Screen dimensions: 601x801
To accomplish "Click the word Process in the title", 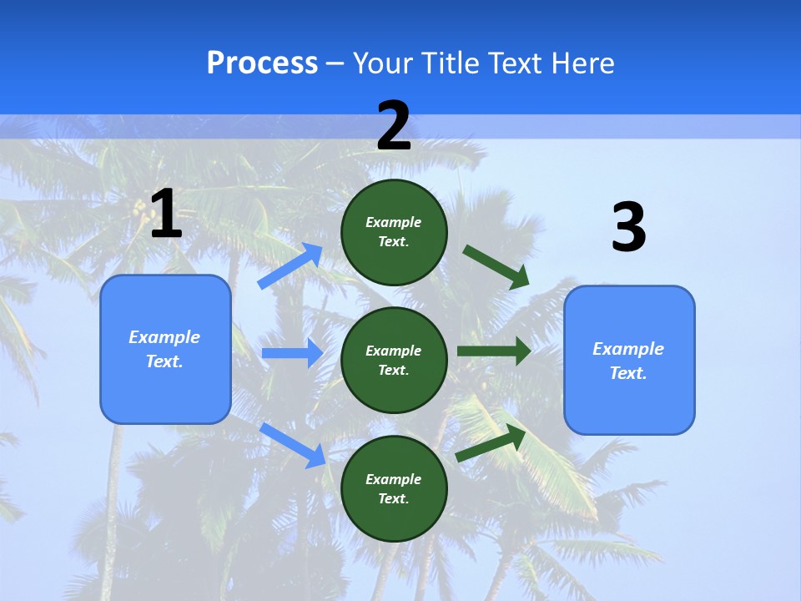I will pyautogui.click(x=262, y=63).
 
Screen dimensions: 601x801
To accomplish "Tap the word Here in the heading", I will pyautogui.click(x=577, y=63).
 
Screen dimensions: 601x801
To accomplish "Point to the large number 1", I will pyautogui.click(x=166, y=214).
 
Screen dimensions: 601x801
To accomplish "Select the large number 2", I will pyautogui.click(x=394, y=126).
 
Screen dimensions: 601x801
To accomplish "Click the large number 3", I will pyautogui.click(x=628, y=227).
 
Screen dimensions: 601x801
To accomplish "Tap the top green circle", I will pyautogui.click(x=394, y=231).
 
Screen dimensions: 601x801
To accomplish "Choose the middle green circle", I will pyautogui.click(x=394, y=360).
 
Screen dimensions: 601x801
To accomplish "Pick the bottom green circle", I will pyautogui.click(x=394, y=488).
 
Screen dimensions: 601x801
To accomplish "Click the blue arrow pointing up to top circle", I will pyautogui.click(x=290, y=266).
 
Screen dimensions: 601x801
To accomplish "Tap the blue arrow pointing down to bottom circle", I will pyautogui.click(x=293, y=445).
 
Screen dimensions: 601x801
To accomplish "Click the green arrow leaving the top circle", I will pyautogui.click(x=496, y=266).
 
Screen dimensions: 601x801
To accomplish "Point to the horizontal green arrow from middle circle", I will pyautogui.click(x=493, y=351).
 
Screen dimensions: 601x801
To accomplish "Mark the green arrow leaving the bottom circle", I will pyautogui.click(x=491, y=443).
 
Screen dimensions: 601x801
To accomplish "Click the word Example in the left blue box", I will pyautogui.click(x=164, y=337).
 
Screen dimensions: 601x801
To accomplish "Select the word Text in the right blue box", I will pyautogui.click(x=627, y=373).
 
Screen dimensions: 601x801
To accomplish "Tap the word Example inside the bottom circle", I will pyautogui.click(x=394, y=479).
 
